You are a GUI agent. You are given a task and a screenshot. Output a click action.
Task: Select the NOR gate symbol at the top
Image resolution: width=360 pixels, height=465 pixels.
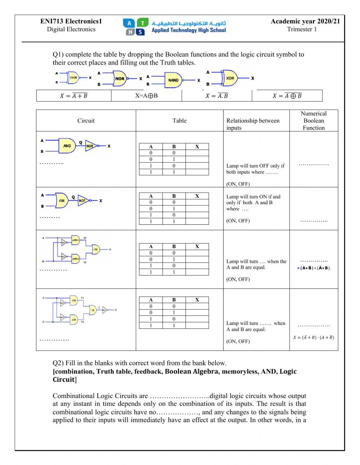click(x=120, y=79)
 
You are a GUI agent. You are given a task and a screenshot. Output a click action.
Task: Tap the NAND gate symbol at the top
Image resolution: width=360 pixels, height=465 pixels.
click(x=173, y=80)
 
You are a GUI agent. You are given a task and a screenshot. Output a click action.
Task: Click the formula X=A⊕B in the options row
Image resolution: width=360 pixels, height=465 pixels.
click(x=147, y=96)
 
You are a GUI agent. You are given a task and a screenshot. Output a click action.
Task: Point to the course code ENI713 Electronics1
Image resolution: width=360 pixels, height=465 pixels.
click(x=71, y=21)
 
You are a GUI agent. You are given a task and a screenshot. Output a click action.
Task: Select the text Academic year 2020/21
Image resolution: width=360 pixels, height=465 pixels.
click(x=305, y=21)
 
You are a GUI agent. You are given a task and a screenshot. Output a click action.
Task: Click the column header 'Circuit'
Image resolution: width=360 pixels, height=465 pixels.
click(x=86, y=121)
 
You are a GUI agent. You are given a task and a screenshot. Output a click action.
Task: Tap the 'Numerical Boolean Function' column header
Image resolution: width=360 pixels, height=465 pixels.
click(x=314, y=121)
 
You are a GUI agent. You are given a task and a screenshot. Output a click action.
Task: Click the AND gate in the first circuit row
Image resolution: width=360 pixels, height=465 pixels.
click(x=67, y=146)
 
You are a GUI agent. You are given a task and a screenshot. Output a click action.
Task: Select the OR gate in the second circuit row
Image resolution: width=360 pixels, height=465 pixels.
click(x=62, y=201)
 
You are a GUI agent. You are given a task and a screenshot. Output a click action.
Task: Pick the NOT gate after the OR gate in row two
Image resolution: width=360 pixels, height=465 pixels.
click(x=83, y=201)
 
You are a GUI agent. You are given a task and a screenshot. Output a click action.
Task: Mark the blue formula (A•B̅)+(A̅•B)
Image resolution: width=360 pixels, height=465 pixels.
click(x=314, y=268)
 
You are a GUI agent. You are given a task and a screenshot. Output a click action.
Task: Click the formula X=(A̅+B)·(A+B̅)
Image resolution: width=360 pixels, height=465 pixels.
click(x=314, y=337)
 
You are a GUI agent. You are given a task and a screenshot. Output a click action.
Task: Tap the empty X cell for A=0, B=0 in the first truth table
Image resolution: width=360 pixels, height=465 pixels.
click(x=197, y=153)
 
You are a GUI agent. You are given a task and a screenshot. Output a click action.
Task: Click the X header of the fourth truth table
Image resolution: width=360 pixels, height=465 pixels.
click(x=197, y=300)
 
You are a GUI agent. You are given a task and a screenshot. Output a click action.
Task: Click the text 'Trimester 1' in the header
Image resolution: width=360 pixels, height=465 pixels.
click(x=302, y=29)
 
